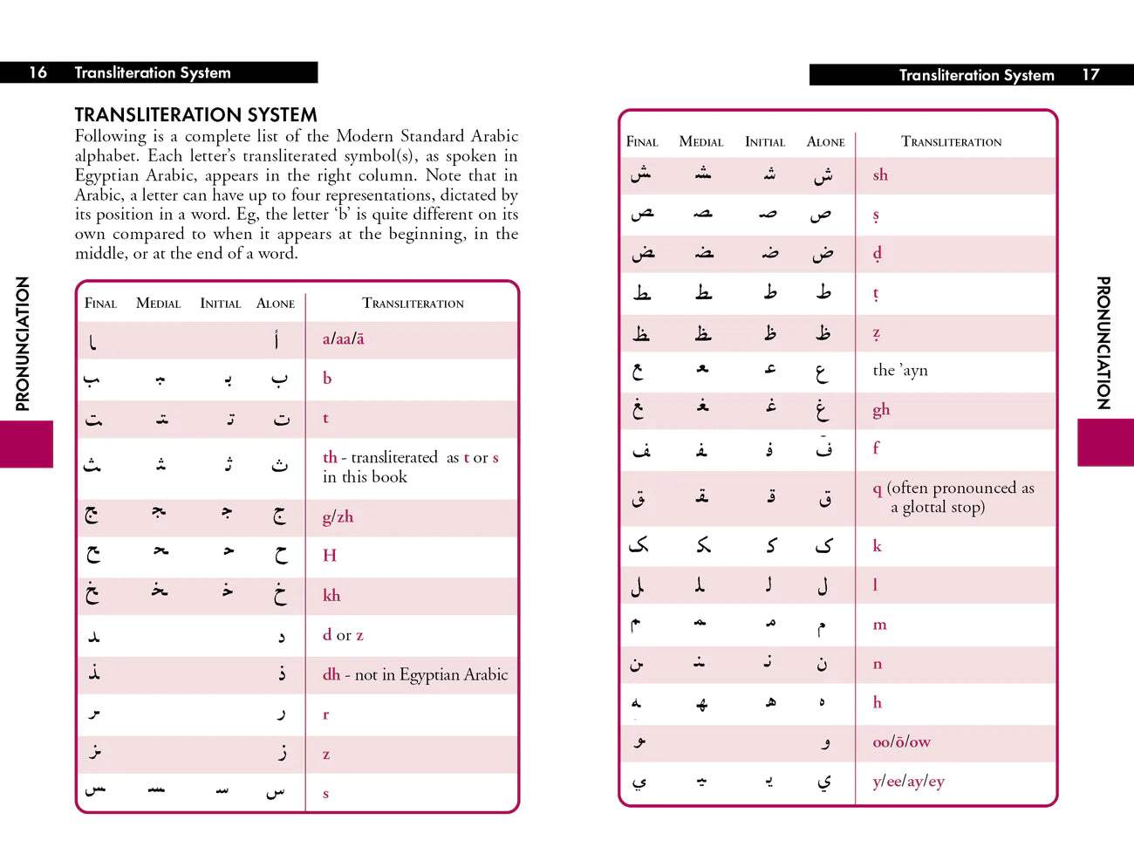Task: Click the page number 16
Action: [x=38, y=72]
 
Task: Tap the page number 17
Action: [x=1090, y=75]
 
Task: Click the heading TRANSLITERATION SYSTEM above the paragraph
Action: [x=195, y=115]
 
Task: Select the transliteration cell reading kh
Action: [x=331, y=595]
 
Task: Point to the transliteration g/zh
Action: [x=338, y=516]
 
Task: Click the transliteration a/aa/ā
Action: [x=344, y=338]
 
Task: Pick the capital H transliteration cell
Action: [x=330, y=556]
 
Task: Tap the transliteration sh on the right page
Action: [x=880, y=175]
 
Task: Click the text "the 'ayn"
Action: [x=900, y=370]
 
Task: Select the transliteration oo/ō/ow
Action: [x=901, y=741]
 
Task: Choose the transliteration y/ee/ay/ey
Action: [x=908, y=781]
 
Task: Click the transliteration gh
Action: [x=881, y=409]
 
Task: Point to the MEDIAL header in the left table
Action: [x=158, y=304]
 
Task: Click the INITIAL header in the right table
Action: [x=765, y=141]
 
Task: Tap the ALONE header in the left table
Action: [x=276, y=304]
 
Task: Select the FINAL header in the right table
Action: [x=642, y=141]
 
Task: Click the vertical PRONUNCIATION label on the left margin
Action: [x=23, y=344]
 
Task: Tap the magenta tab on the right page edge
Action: [x=1105, y=442]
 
